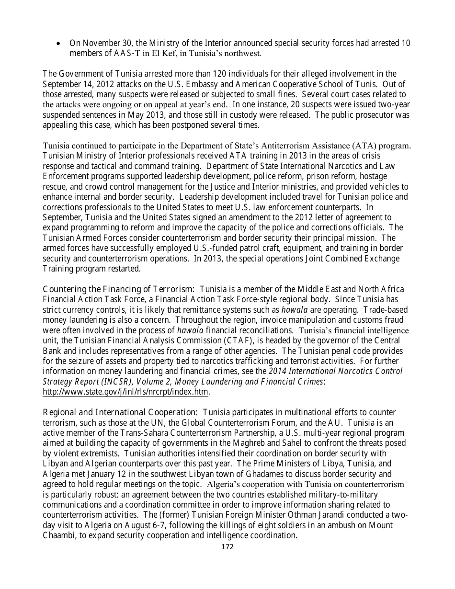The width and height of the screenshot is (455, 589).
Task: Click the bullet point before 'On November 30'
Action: (58, 44)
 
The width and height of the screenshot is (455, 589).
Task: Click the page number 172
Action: (227, 547)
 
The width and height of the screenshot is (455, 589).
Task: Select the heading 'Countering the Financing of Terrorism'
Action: (118, 289)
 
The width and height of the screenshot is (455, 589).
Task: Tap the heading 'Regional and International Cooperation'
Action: (120, 412)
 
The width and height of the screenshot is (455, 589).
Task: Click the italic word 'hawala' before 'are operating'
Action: (294, 310)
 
